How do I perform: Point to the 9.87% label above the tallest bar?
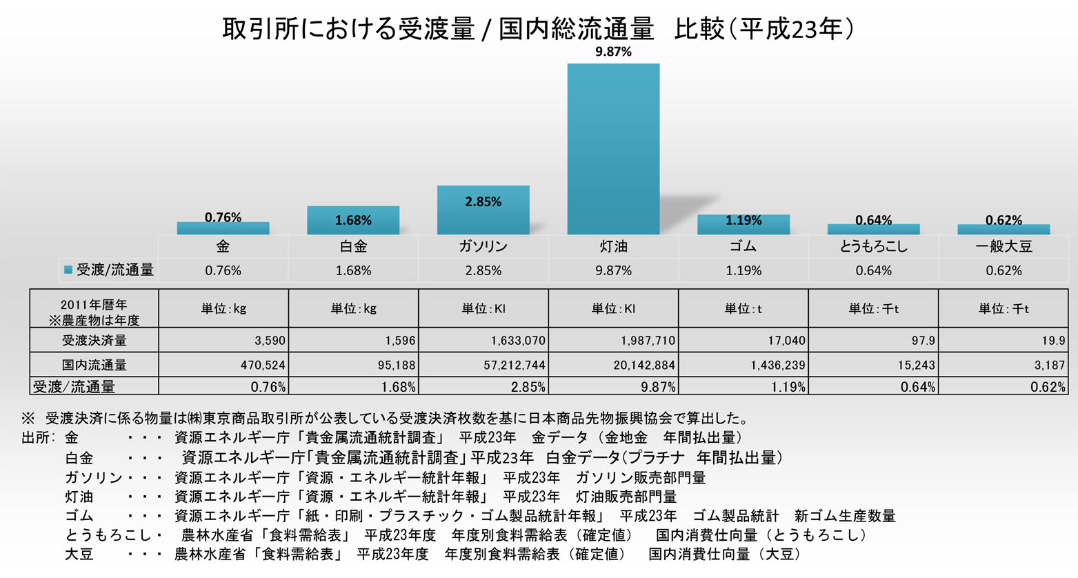[613, 52]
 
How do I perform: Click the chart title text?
[538, 29]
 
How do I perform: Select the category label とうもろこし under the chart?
[873, 246]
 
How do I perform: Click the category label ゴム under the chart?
[743, 246]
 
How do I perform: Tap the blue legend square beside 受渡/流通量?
[68, 270]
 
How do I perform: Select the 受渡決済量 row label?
[94, 340]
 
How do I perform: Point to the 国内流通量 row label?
[94, 365]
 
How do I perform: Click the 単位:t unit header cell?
[743, 309]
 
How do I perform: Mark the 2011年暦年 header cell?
[94, 309]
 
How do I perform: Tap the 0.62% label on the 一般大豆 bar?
[1004, 220]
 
